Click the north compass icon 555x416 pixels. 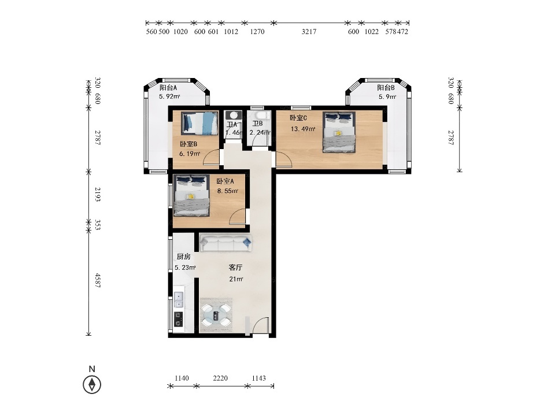92,384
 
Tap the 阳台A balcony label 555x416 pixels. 168,88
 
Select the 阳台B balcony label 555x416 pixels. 386,88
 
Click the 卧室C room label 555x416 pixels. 298,118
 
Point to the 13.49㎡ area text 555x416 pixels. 303,129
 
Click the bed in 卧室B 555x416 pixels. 199,123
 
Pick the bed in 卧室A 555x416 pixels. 191,196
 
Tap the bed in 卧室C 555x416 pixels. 339,132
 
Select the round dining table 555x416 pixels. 216,315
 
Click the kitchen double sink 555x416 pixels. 179,300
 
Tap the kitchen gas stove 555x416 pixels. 179,320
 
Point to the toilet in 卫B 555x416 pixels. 261,116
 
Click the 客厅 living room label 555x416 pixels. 235,268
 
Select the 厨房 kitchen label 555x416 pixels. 184,257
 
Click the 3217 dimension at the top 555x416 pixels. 309,31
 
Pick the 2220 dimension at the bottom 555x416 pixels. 220,378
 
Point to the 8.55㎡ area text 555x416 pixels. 228,191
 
